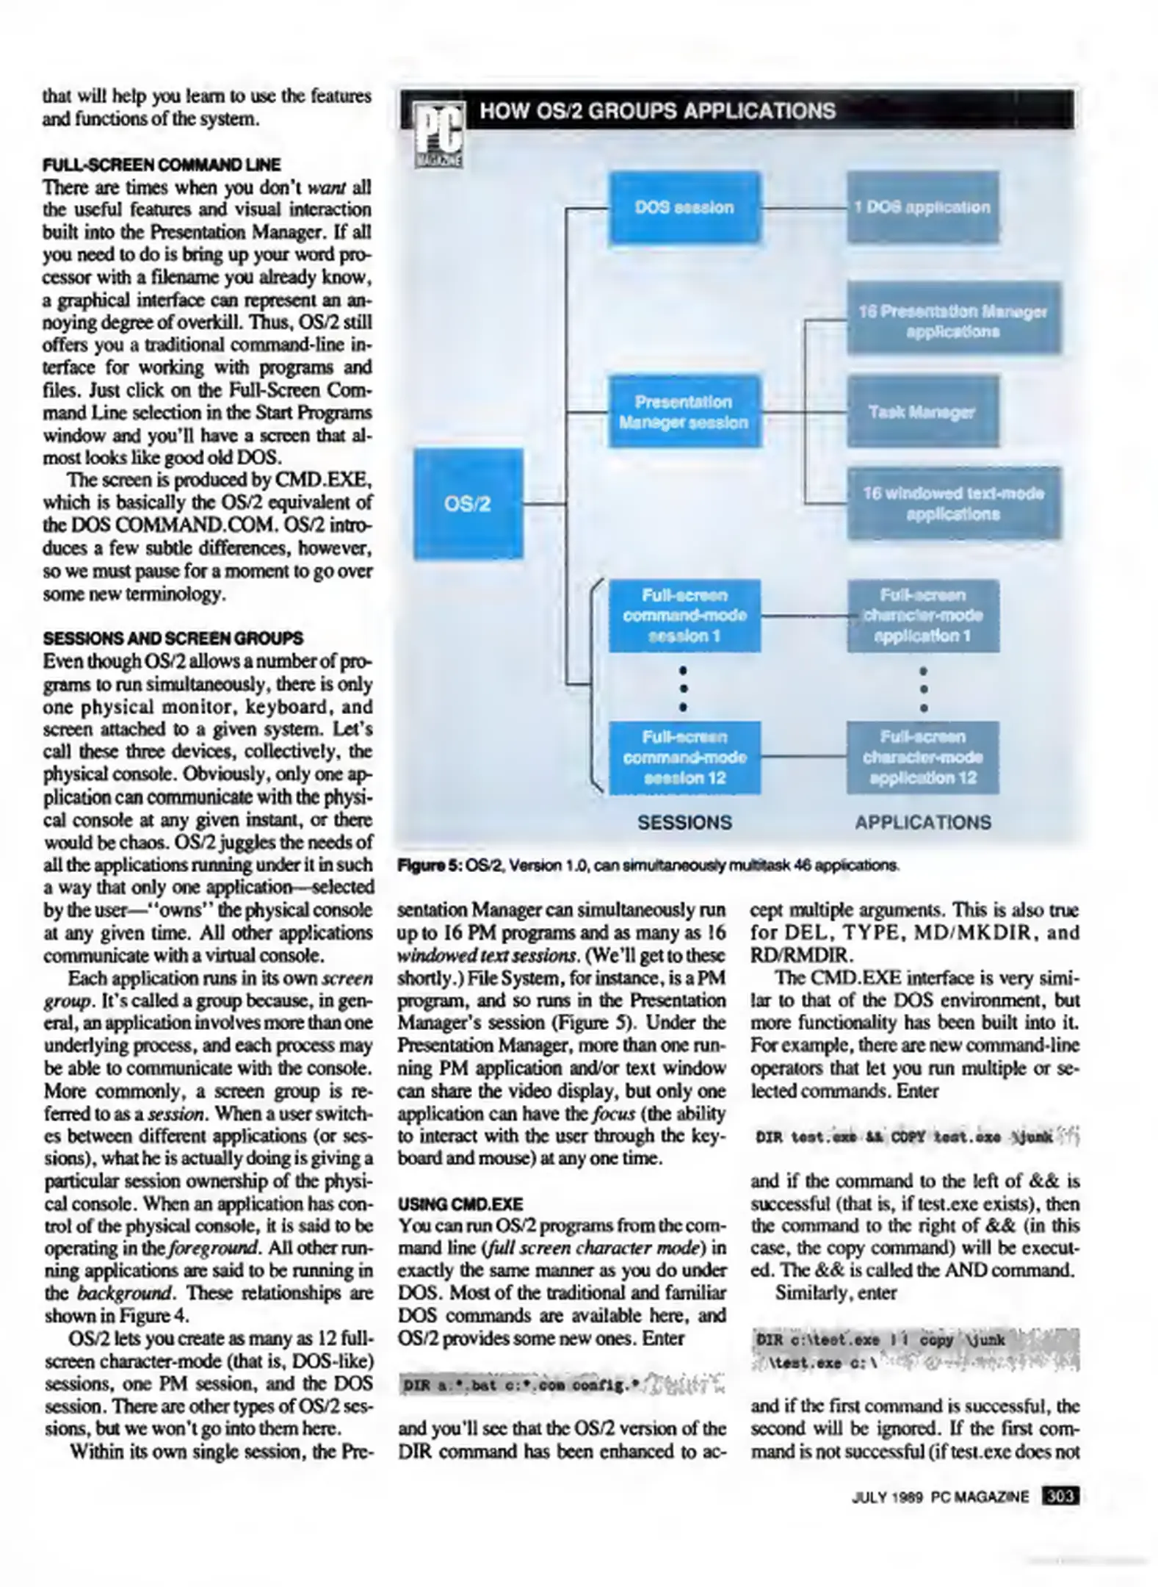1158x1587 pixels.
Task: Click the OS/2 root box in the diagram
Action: point(468,504)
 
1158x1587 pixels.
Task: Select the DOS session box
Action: point(684,207)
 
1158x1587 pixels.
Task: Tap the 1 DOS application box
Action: point(922,207)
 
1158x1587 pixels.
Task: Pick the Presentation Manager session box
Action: point(684,411)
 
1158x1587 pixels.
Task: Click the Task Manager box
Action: point(922,411)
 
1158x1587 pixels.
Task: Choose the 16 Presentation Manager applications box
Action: point(953,320)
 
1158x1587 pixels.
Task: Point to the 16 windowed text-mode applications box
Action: point(953,503)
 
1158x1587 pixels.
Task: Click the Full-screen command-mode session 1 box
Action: point(684,615)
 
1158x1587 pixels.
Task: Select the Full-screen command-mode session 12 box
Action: point(684,757)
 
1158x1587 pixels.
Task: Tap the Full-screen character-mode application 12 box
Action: point(922,757)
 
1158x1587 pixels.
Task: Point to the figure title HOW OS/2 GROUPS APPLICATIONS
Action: point(657,111)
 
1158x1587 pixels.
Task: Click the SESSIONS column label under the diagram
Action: point(684,822)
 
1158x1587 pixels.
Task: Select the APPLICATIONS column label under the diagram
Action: point(922,822)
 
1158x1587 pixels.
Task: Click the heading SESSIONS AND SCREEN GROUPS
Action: point(173,638)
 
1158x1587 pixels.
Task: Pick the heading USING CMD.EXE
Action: point(460,1204)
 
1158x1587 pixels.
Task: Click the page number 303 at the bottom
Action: point(1060,1497)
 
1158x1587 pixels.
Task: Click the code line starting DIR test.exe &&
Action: point(905,1138)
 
